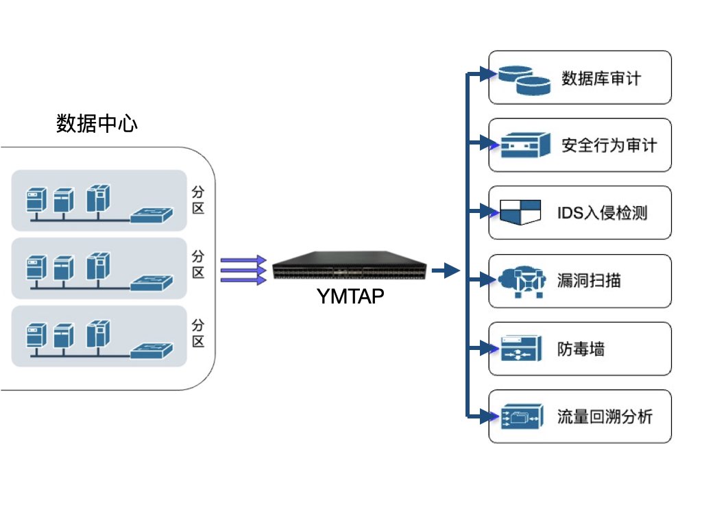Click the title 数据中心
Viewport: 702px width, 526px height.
pos(97,124)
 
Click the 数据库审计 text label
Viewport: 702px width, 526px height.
pos(601,77)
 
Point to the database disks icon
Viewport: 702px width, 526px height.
pos(524,79)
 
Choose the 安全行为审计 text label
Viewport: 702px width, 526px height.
pos(609,145)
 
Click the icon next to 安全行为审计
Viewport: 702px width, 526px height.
pos(525,145)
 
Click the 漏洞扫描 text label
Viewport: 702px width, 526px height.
pos(589,280)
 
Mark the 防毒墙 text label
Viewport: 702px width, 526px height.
pos(581,349)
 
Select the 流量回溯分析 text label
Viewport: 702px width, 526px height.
pos(605,416)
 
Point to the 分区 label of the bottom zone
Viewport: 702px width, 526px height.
pos(198,332)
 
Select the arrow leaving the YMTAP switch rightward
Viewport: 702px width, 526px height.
pos(446,271)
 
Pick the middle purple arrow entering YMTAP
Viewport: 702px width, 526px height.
pos(243,271)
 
